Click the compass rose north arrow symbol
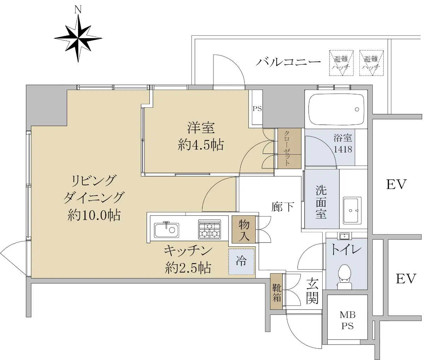click(78, 38)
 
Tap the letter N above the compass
click(78, 10)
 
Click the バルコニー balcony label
click(288, 61)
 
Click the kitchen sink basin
click(166, 230)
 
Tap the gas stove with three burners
click(210, 229)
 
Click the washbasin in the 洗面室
click(352, 210)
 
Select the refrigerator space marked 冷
click(241, 262)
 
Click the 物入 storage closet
click(244, 229)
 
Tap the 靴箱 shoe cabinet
click(276, 292)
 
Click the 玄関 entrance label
click(312, 290)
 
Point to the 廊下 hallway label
click(283, 207)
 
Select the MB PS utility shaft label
click(347, 320)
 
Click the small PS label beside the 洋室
click(257, 109)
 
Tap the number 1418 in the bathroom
click(343, 149)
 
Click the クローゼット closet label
click(287, 148)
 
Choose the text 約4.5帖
click(201, 145)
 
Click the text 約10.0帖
click(94, 215)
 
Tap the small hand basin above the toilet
click(344, 236)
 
